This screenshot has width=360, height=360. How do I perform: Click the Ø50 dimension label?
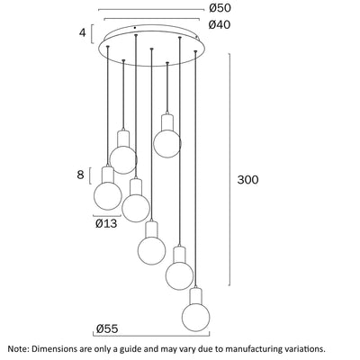coord(220,8)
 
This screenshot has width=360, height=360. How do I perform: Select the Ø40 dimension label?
coord(220,24)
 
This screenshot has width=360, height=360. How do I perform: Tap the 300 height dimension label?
coord(247,180)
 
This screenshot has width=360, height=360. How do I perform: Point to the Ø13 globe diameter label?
coord(106,223)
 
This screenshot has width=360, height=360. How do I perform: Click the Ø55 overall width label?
coord(107,328)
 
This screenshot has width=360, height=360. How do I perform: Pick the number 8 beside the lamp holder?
coord(80,175)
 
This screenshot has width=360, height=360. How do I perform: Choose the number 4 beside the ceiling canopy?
coord(83,32)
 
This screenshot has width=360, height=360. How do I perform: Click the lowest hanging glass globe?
coord(196,318)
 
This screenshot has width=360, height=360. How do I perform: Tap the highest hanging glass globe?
coord(167,143)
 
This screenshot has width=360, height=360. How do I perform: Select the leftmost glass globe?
coord(108,195)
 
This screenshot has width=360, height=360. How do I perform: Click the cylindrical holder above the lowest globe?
coord(196,296)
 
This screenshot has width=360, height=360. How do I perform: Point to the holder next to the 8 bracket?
coord(108,175)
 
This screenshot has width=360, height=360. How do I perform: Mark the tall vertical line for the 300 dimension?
coord(230,169)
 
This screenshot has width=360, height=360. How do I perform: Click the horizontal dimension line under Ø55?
coord(151,336)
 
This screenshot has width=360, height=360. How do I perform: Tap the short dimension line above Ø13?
coord(107,216)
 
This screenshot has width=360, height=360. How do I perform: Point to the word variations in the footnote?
coord(302,349)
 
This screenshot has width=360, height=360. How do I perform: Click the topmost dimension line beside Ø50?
coord(151,10)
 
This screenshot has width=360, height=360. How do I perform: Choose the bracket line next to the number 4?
coord(92,34)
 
